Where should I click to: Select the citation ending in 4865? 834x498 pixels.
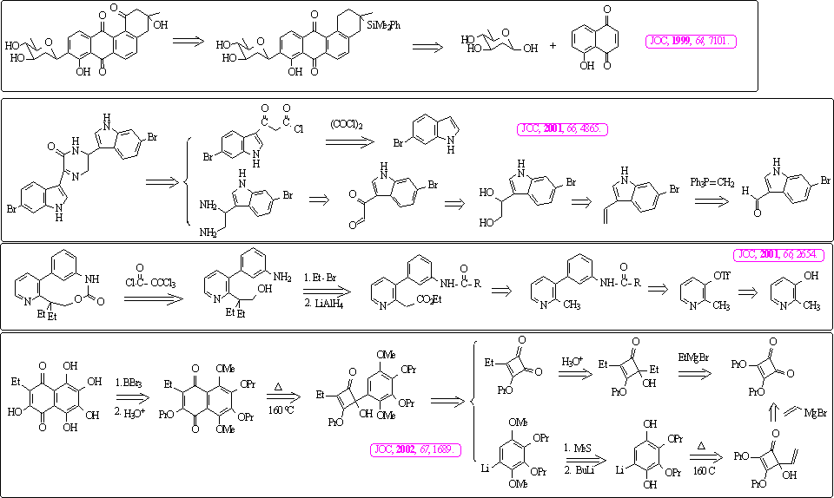point(562,128)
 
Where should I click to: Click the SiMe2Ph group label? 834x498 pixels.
point(382,24)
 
